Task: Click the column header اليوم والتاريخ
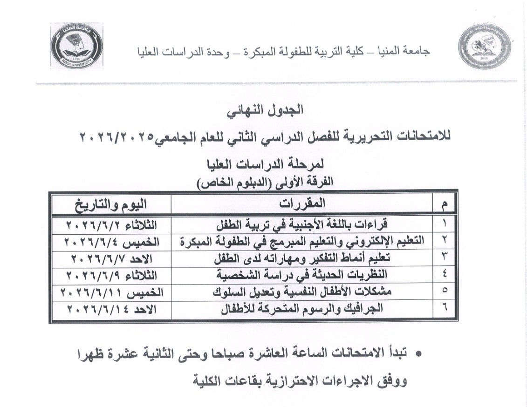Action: pyautogui.click(x=111, y=203)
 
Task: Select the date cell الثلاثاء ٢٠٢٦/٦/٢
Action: pyautogui.click(x=111, y=226)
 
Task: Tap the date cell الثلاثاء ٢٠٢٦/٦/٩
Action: pyautogui.click(x=111, y=275)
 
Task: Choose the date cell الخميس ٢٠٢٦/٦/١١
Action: pyautogui.click(x=111, y=292)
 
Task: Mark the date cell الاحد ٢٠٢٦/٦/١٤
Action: pyautogui.click(x=111, y=308)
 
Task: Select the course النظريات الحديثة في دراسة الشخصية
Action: pyautogui.click(x=303, y=275)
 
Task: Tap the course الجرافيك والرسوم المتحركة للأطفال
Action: pyautogui.click(x=303, y=308)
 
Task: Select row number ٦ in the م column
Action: pyautogui.click(x=444, y=308)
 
